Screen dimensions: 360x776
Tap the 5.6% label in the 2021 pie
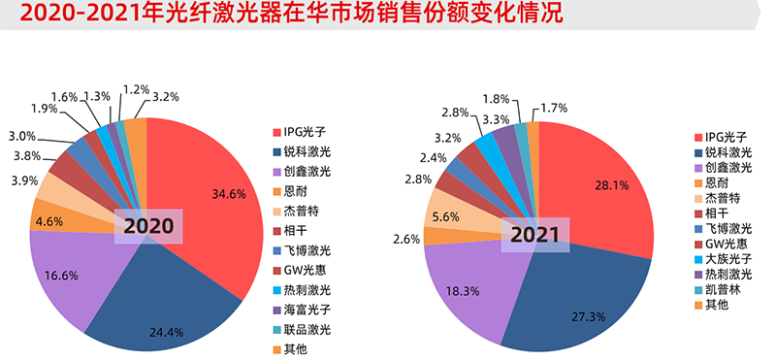[x=448, y=217]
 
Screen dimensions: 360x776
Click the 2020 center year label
[x=147, y=227]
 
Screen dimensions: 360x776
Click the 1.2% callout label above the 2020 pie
[x=135, y=89]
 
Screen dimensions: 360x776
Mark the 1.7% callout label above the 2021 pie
[x=553, y=108]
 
